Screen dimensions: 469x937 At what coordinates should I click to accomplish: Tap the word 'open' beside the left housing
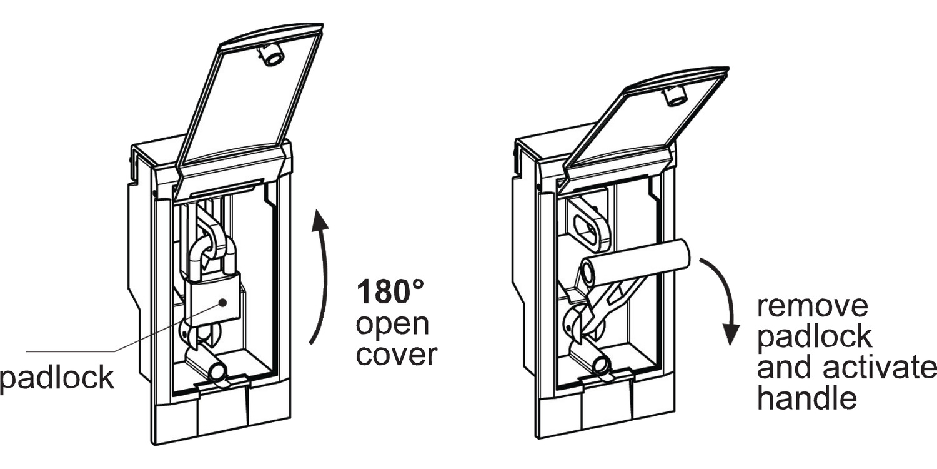click(x=393, y=325)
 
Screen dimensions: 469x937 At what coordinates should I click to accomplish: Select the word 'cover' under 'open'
click(x=396, y=355)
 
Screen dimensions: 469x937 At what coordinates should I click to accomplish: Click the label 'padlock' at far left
click(x=57, y=378)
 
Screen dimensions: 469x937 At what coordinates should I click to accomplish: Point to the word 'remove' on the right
click(x=813, y=307)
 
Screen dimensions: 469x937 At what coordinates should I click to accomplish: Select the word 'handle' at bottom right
click(x=806, y=398)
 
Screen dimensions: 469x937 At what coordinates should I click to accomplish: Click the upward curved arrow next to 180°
click(x=320, y=275)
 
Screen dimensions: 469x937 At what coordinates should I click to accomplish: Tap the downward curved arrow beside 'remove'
click(x=725, y=300)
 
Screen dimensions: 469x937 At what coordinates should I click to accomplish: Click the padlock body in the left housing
click(x=213, y=301)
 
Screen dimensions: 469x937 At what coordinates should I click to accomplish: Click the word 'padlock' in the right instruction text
click(x=814, y=337)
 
